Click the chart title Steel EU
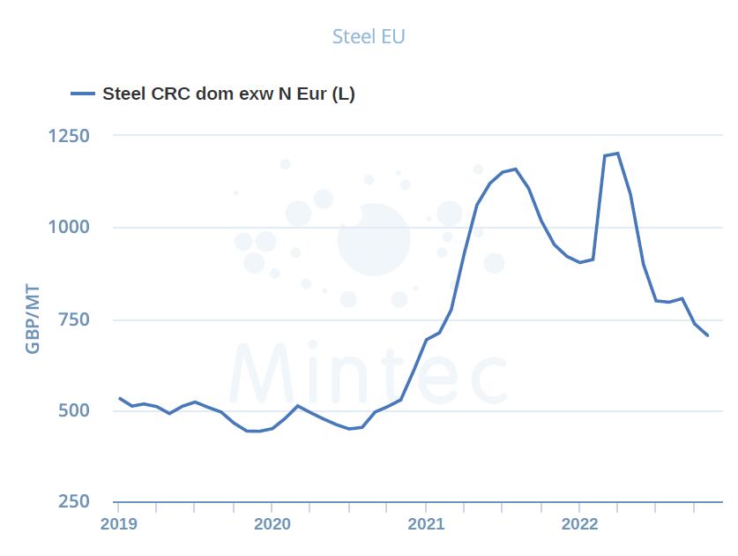pyautogui.click(x=369, y=36)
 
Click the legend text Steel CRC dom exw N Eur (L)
pyautogui.click(x=229, y=94)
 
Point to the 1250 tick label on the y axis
pyautogui.click(x=68, y=136)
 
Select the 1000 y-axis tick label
pyautogui.click(x=68, y=227)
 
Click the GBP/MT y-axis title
pyautogui.click(x=33, y=319)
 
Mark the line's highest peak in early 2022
pyautogui.click(x=617, y=154)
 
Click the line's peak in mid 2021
pyautogui.click(x=515, y=169)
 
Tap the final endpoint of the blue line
pyautogui.click(x=708, y=335)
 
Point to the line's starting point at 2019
pyautogui.click(x=119, y=398)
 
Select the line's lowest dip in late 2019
pyautogui.click(x=257, y=432)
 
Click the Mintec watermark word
pyautogui.click(x=369, y=375)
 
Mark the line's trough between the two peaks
pyautogui.click(x=579, y=262)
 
